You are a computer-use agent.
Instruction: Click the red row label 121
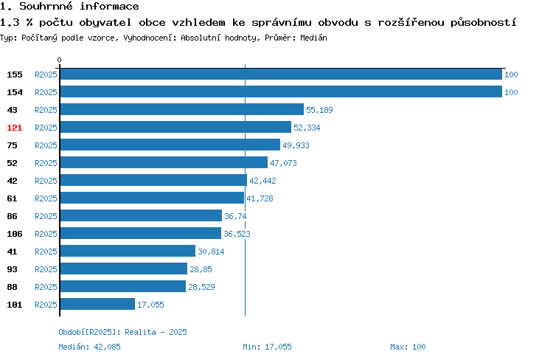(x=15, y=128)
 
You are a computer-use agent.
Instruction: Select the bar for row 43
(x=182, y=109)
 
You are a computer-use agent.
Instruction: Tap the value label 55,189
(x=319, y=110)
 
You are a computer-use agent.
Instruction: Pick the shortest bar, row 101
(x=97, y=304)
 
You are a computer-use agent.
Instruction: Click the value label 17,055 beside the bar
(x=150, y=305)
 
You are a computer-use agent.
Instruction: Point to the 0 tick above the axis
(x=59, y=60)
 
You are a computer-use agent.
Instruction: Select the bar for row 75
(x=170, y=145)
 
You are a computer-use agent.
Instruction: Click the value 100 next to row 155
(x=511, y=75)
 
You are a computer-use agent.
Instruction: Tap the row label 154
(x=15, y=92)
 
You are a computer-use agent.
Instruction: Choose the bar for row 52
(x=164, y=162)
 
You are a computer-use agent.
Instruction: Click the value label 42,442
(x=262, y=181)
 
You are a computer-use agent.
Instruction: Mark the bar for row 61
(x=152, y=198)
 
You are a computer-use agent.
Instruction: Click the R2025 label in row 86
(x=46, y=216)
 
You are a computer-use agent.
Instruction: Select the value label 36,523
(x=237, y=234)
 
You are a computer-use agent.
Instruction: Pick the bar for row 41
(x=128, y=251)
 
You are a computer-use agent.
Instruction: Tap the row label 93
(x=12, y=269)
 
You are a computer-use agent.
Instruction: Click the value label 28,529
(x=201, y=287)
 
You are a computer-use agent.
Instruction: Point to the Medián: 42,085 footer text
(x=89, y=347)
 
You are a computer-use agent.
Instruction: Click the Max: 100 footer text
(x=408, y=347)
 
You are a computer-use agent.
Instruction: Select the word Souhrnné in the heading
(x=46, y=7)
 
